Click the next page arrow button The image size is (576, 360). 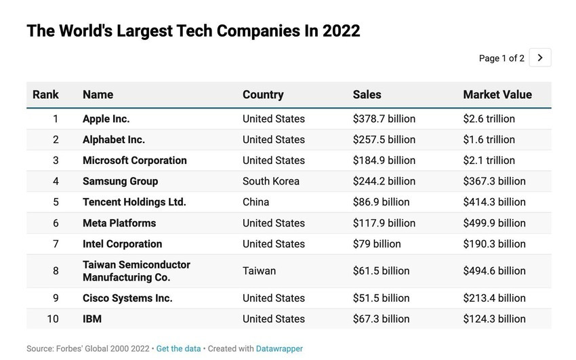pyautogui.click(x=540, y=58)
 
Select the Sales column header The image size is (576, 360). pyautogui.click(x=367, y=95)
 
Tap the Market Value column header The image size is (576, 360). pyautogui.click(x=497, y=95)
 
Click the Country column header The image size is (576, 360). pyautogui.click(x=263, y=95)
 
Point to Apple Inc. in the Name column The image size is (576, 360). pyautogui.click(x=106, y=119)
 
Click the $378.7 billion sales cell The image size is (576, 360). pyautogui.click(x=384, y=119)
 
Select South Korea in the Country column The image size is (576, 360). pyautogui.click(x=270, y=181)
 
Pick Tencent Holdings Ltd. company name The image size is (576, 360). pyautogui.click(x=134, y=202)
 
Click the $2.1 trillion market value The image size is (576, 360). pyautogui.click(x=489, y=161)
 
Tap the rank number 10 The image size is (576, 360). pyautogui.click(x=52, y=319)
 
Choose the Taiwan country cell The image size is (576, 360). pyautogui.click(x=259, y=271)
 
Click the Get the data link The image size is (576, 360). pyautogui.click(x=178, y=348)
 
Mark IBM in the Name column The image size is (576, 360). pyautogui.click(x=92, y=319)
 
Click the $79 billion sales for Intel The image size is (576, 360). pyautogui.click(x=377, y=243)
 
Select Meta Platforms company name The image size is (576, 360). pyautogui.click(x=119, y=223)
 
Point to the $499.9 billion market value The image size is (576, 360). pyautogui.click(x=494, y=223)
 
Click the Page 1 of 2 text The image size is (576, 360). pyautogui.click(x=501, y=58)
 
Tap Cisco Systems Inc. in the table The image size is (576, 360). pyautogui.click(x=127, y=298)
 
